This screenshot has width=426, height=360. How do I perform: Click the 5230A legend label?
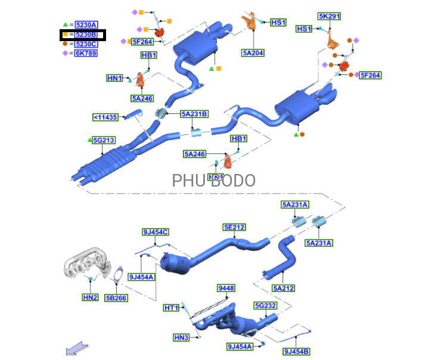tap(86, 25)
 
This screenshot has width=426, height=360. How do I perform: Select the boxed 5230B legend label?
tap(86, 35)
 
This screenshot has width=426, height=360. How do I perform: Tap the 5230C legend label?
tap(86, 44)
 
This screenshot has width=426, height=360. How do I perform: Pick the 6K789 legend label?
tap(86, 53)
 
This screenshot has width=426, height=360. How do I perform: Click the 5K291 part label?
tap(329, 17)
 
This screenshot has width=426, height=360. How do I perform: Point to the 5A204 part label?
tap(253, 52)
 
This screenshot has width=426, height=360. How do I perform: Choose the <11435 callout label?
tap(105, 117)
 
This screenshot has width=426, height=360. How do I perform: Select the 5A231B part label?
tap(195, 114)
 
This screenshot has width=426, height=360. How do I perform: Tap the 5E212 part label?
tap(234, 227)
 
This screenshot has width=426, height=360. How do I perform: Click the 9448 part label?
tap(226, 288)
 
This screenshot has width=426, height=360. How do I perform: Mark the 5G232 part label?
tap(265, 306)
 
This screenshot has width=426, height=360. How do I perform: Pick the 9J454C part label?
tap(156, 232)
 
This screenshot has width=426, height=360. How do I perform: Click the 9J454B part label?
tap(296, 351)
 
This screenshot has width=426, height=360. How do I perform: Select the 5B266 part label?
tap(116, 297)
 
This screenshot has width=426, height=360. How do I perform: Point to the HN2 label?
tap(90, 297)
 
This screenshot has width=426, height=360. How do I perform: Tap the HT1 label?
tap(171, 308)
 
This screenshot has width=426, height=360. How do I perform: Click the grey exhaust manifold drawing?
tap(86, 265)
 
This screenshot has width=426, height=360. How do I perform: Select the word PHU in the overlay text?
tap(186, 181)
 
